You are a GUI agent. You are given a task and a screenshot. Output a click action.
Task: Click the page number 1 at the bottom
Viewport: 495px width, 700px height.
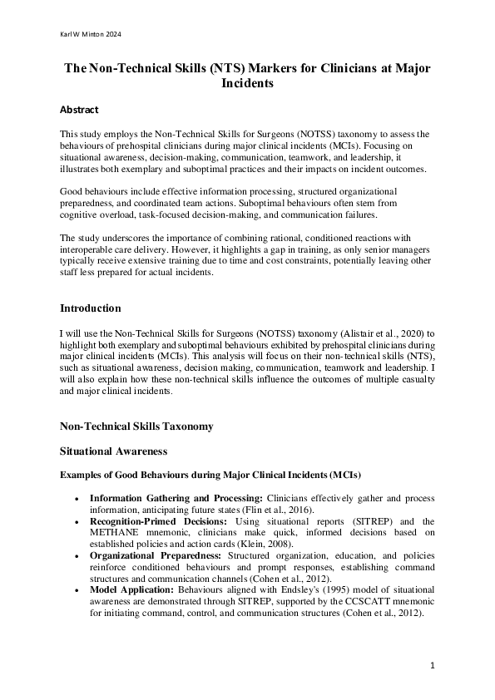433,665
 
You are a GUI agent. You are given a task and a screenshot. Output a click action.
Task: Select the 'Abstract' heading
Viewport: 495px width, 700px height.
79,109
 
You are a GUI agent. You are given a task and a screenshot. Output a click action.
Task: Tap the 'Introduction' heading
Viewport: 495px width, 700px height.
90,308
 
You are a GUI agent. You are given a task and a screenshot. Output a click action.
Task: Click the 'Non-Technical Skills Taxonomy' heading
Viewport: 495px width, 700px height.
136,426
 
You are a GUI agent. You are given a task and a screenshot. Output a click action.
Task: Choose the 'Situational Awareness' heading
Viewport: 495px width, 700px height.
113,451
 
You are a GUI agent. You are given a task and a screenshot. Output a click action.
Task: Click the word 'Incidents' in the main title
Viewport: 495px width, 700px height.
247,84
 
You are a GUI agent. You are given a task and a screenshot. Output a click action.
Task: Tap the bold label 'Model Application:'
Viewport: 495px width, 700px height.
133,587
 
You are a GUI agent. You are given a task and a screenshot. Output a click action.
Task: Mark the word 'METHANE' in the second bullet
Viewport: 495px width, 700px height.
114,532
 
